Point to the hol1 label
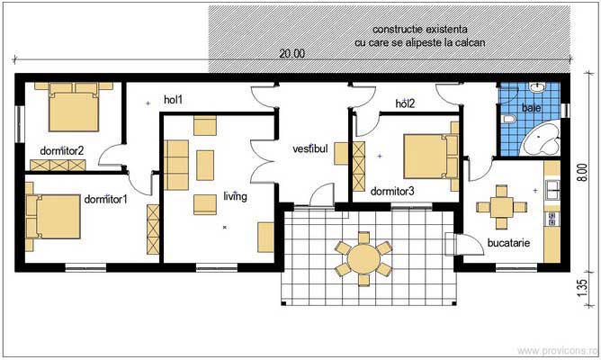(173, 101)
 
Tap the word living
(235, 195)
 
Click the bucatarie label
(508, 243)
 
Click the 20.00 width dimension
(292, 54)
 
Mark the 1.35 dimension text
(582, 288)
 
